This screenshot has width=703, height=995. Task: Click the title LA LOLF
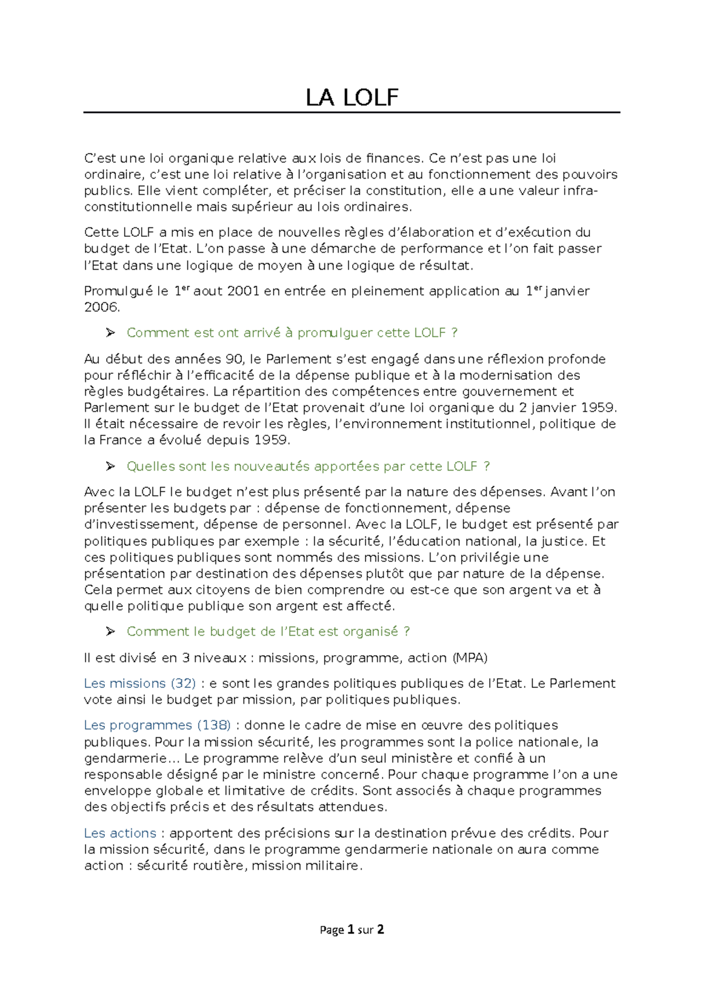(x=351, y=98)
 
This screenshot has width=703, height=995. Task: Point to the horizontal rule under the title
(x=351, y=112)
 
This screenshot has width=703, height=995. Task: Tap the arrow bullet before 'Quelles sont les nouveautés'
(x=110, y=466)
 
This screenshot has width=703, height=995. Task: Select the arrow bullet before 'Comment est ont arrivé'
(x=110, y=333)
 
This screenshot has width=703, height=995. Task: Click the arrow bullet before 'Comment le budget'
(x=110, y=632)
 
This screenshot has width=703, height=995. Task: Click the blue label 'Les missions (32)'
(x=139, y=683)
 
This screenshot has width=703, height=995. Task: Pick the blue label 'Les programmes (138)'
(x=157, y=725)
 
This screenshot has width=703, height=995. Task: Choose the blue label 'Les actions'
(x=120, y=833)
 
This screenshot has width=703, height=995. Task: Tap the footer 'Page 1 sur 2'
(x=351, y=929)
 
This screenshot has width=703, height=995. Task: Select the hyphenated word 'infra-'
(x=580, y=191)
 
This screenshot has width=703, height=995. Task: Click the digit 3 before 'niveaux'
(x=186, y=658)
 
